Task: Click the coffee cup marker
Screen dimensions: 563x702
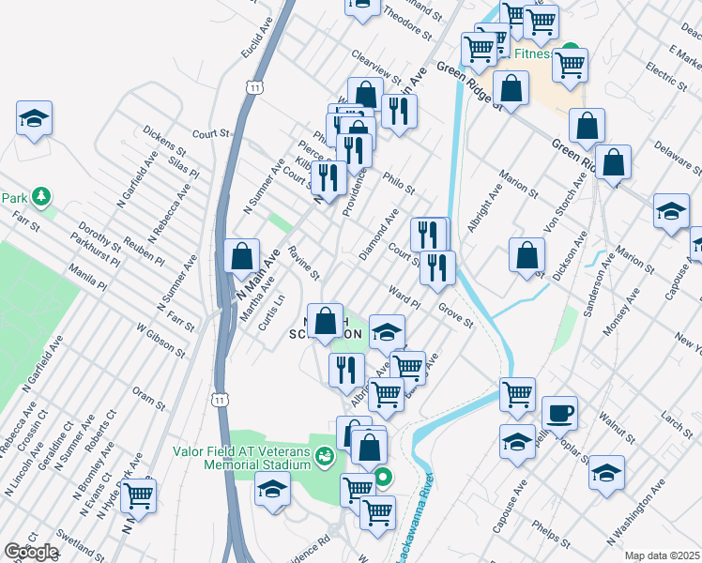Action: coord(558,412)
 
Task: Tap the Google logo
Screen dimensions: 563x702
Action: coord(31,551)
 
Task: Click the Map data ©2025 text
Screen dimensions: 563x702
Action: coord(662,555)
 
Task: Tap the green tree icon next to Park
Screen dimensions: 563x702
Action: coord(41,197)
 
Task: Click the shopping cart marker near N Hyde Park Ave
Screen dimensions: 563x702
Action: coord(138,495)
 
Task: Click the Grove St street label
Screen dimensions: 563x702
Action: coord(456,315)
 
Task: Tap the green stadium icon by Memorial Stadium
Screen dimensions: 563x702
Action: coord(325,457)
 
